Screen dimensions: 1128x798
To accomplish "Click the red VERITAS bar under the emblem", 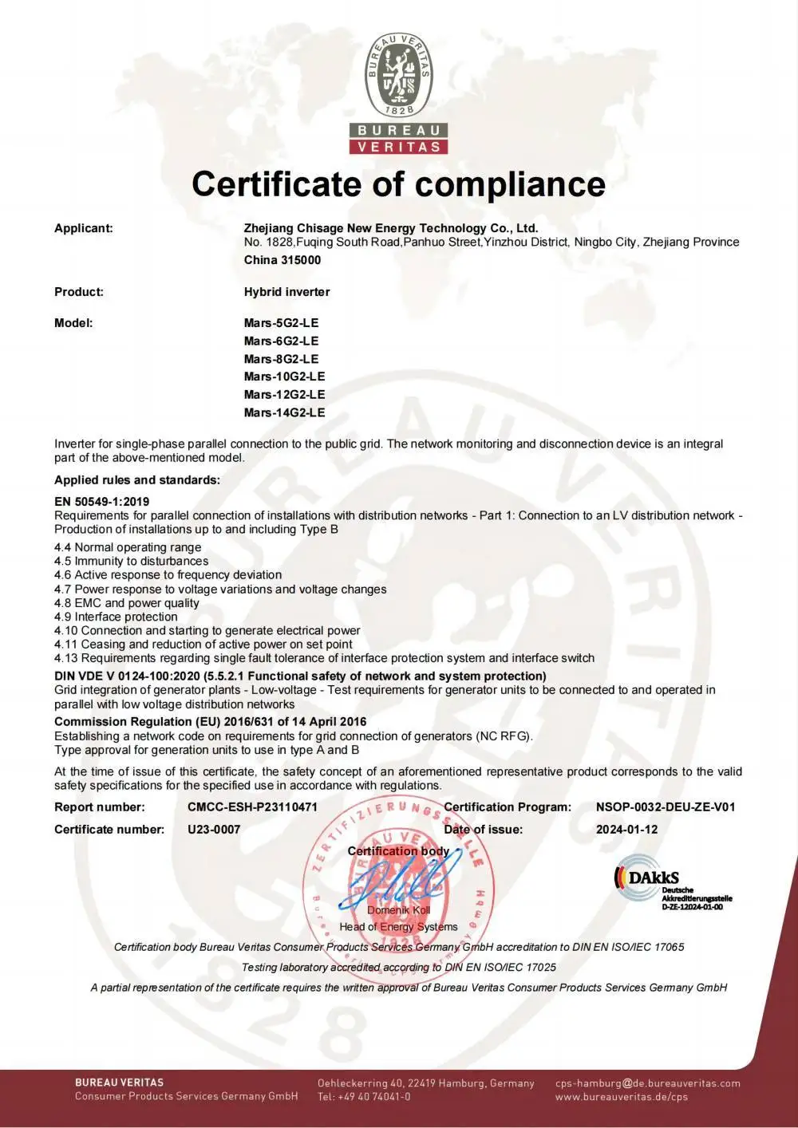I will [x=398, y=147].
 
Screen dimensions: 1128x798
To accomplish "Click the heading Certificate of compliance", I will [x=398, y=183].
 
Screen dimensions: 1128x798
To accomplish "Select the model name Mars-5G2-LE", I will [x=281, y=323].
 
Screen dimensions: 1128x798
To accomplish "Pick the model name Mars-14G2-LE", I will [x=284, y=412].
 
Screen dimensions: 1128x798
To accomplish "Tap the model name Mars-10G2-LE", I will [x=284, y=377].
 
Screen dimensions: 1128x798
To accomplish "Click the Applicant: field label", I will [x=84, y=228].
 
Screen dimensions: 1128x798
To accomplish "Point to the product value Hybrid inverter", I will [x=286, y=292].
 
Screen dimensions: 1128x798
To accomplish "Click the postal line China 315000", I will [x=282, y=260].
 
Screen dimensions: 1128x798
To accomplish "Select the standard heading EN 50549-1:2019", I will [x=101, y=502].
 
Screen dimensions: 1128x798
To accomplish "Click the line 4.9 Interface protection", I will [x=116, y=617].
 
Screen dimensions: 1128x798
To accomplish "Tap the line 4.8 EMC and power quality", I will [x=126, y=603].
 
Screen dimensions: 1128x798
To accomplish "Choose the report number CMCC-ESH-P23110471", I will [x=252, y=807].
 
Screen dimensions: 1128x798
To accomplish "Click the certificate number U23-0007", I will [x=214, y=829].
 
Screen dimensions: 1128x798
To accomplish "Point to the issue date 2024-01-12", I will [x=626, y=829].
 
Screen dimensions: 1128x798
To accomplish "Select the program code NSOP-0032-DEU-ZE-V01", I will [x=666, y=807].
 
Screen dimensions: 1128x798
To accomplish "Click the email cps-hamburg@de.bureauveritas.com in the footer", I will [x=647, y=1083].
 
